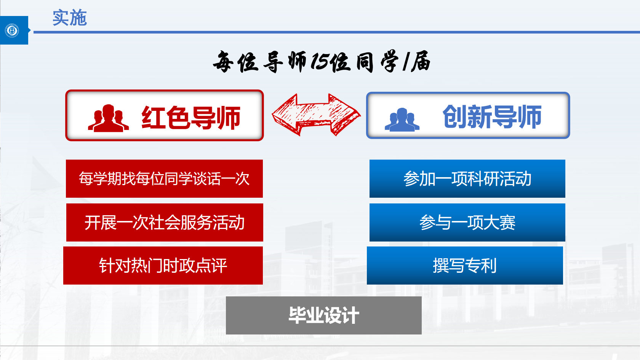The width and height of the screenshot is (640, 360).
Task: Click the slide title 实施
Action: (69, 18)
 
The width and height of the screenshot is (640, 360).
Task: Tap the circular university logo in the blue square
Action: (12, 30)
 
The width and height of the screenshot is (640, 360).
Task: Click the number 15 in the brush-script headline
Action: (319, 61)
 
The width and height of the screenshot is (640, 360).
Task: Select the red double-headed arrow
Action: (316, 115)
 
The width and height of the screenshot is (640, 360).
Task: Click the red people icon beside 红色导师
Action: (108, 118)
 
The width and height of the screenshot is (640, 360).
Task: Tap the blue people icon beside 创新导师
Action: (402, 120)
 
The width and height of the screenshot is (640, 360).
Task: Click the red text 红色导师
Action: (191, 117)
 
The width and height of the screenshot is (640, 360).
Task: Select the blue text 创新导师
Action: (492, 117)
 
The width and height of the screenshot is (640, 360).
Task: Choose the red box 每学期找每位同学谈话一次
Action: (164, 179)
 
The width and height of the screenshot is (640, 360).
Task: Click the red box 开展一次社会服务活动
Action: (165, 222)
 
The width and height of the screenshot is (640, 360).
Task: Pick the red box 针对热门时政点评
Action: (163, 266)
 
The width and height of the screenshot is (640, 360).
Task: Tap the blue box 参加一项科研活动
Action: (467, 179)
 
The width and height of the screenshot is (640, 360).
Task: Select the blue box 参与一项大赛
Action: (467, 222)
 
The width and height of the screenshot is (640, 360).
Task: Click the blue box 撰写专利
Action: (465, 266)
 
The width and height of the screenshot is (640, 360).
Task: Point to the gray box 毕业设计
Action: (324, 315)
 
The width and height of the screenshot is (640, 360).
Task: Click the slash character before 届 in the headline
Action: (405, 62)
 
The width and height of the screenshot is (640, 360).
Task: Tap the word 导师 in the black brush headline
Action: (285, 62)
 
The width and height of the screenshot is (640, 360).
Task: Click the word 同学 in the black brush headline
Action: (377, 61)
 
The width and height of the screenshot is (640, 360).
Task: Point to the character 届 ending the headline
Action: (421, 61)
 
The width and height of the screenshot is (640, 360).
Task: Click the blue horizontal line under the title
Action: (337, 32)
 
